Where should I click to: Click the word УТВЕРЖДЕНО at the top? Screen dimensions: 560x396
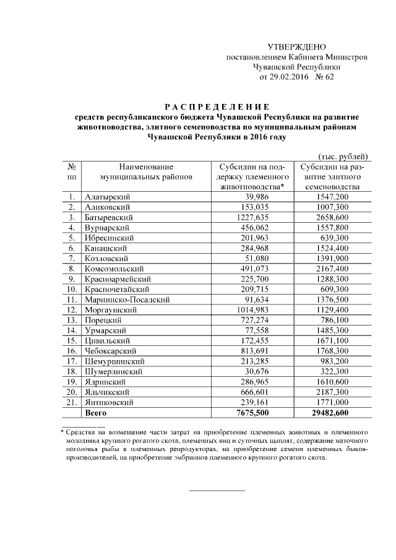[296, 47]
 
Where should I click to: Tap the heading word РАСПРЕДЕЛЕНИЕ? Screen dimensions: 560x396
[217, 106]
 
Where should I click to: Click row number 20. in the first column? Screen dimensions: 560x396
[72, 392]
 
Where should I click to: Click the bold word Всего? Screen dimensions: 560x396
[97, 413]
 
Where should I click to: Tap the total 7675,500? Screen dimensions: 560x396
[252, 413]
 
